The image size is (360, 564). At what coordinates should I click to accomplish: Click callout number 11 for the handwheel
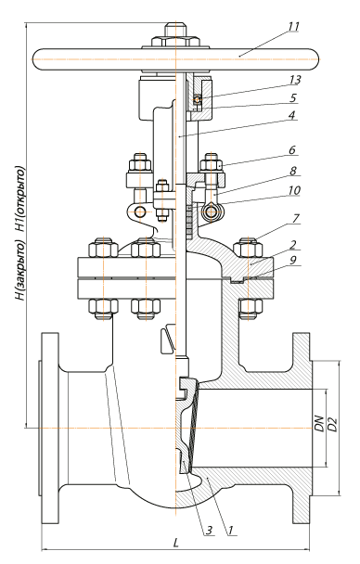point(293,27)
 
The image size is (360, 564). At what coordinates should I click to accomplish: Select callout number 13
point(294,80)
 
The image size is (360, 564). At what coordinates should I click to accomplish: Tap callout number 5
point(293,97)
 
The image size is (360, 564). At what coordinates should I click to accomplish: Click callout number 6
point(292,149)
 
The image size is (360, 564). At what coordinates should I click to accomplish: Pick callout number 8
point(293,171)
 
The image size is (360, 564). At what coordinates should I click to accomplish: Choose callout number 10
point(294,190)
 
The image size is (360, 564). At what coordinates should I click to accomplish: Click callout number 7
point(296,218)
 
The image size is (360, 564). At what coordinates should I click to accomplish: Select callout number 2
point(293,245)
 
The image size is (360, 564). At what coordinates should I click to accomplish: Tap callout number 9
point(293,260)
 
